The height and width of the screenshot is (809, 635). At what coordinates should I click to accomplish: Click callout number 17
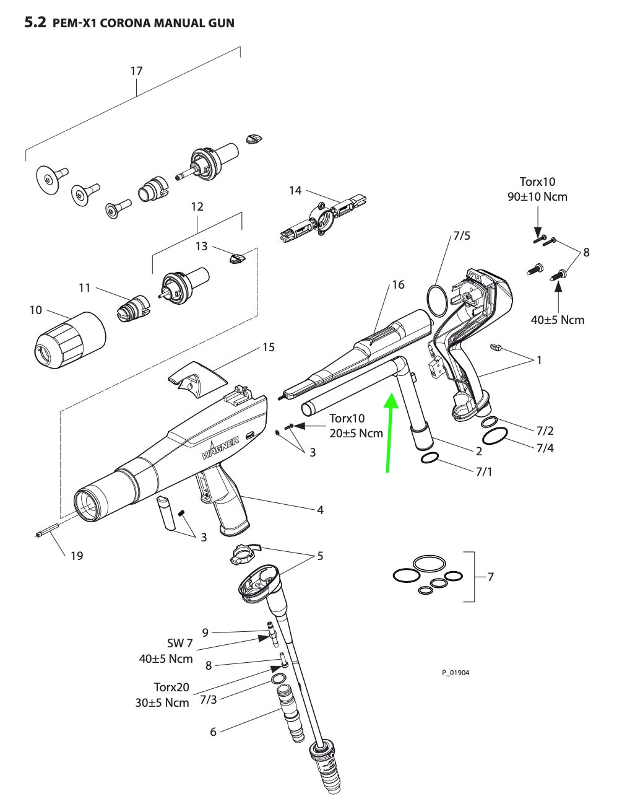[x=136, y=71]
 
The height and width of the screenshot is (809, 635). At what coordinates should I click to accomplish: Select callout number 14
[x=295, y=190]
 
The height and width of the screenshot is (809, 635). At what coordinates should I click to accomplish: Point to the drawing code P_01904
[x=455, y=673]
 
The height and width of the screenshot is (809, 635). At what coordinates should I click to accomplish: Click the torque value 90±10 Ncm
[x=537, y=196]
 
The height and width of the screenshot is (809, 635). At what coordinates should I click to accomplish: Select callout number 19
[x=76, y=556]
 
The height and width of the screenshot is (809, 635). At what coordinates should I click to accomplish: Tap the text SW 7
[x=180, y=644]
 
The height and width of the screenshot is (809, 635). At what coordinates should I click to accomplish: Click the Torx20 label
[x=171, y=687]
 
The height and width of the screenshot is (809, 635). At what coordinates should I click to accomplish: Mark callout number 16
[x=398, y=284]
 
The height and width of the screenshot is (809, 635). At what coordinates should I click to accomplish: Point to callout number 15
[x=268, y=347]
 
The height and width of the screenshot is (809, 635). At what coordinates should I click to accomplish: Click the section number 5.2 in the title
[x=35, y=23]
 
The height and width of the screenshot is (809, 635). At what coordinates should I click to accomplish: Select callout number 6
[x=213, y=732]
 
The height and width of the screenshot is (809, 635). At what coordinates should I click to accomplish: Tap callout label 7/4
[x=545, y=447]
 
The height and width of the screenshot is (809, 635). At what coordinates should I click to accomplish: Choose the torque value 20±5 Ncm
[x=356, y=433]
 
